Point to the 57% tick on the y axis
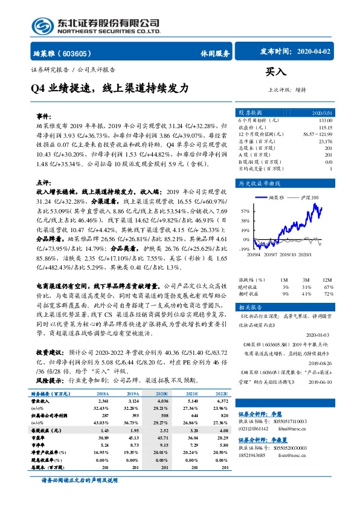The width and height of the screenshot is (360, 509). [x=245, y=212]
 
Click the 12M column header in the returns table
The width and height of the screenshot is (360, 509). [x=327, y=280]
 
